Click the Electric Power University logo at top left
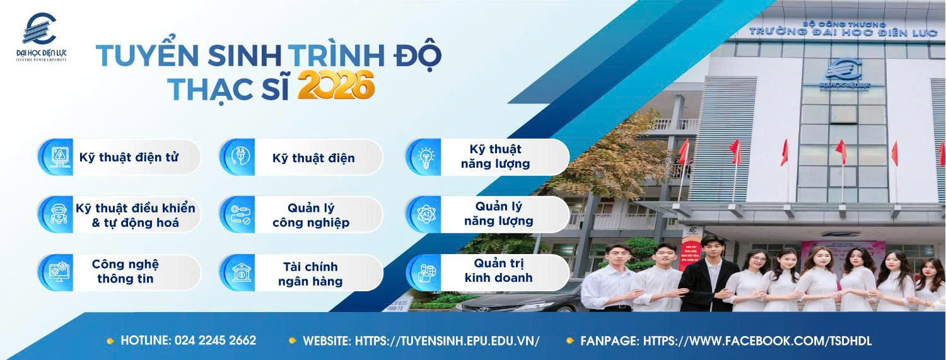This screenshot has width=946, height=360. [x=41, y=37]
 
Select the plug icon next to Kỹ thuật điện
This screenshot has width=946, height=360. [x=240, y=157]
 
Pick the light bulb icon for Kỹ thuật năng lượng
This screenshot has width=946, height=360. [x=426, y=156]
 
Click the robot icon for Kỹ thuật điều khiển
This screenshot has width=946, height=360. [x=58, y=214]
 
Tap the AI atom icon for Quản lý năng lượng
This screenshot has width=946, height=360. [x=426, y=214]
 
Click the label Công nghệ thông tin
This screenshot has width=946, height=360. [x=126, y=271]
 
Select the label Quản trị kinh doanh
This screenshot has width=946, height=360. [x=498, y=270]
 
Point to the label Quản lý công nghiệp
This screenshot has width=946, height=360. [x=311, y=215]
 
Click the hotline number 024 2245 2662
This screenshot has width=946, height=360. [x=216, y=340]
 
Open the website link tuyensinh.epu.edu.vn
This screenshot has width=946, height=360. [x=447, y=341]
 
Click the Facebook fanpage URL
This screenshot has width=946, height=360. [x=757, y=341]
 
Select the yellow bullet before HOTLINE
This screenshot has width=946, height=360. [x=110, y=341]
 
